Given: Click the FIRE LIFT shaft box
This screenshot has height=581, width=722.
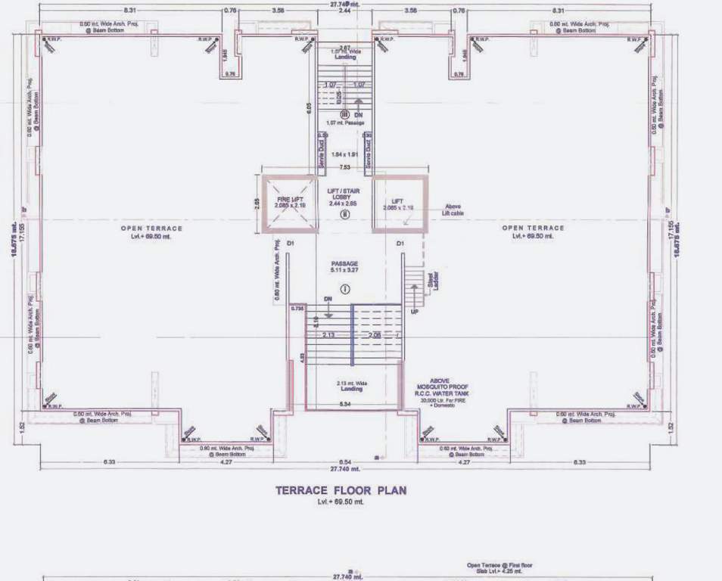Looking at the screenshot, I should coord(288,203).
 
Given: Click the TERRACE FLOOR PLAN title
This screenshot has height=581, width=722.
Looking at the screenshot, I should coord(340,490).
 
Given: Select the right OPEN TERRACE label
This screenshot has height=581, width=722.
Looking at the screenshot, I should coord(533,228).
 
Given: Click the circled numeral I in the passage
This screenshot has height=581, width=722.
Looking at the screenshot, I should coord(344,288).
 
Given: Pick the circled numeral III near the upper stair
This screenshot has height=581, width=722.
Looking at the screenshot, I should coord(344,114).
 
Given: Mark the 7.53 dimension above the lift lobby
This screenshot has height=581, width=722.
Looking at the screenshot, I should coord(344,167).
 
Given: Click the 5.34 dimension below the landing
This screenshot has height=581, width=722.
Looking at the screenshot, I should coord(344,405).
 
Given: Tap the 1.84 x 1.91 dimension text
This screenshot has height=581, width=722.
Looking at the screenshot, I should coord(344,154).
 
